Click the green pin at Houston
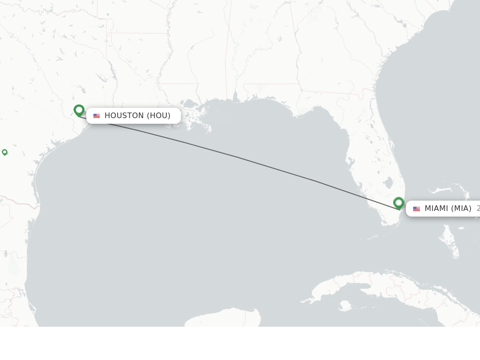tap(79, 110)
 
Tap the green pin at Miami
tap(398, 202)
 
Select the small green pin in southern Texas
tap(5, 152)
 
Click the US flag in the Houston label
tap(97, 116)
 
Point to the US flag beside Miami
tap(416, 209)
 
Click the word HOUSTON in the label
tap(124, 116)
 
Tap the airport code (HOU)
tap(158, 116)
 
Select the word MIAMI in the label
tap(436, 209)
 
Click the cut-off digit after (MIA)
tap(478, 209)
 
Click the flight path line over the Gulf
tap(244, 159)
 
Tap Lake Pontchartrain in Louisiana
tap(190, 104)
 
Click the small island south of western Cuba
tap(345, 306)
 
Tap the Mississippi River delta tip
tap(208, 131)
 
